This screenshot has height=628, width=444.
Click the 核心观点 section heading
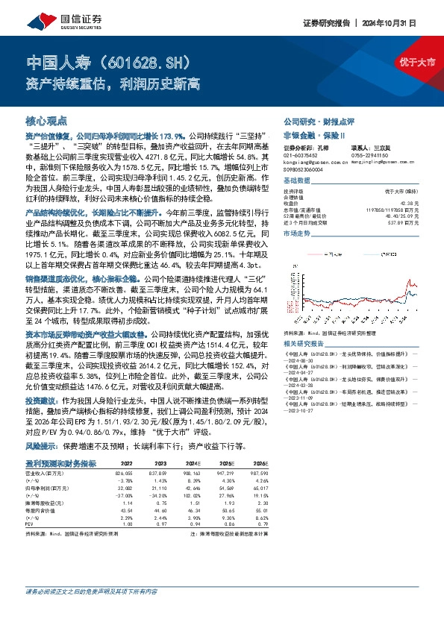tap(46, 120)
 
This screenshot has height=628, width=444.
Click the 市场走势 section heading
tap(297, 233)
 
